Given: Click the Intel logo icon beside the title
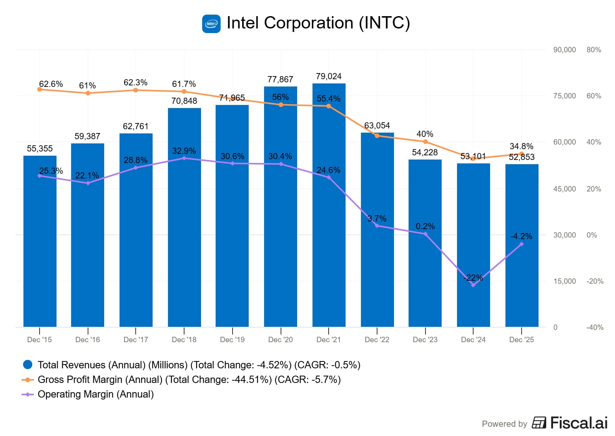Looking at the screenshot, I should click(211, 24).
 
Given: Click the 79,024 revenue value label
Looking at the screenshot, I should click(329, 76).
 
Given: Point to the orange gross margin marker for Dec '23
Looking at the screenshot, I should click(425, 142).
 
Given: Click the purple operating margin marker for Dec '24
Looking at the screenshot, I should click(473, 285).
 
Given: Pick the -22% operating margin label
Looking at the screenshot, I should click(473, 278).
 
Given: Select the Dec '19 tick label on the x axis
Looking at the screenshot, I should click(232, 339).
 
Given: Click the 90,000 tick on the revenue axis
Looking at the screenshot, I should click(564, 50).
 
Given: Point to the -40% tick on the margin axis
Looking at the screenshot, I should click(595, 327).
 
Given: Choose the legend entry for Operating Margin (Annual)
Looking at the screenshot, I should click(95, 394).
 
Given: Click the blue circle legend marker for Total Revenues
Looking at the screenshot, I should click(28, 364).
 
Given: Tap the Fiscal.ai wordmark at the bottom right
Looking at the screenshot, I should click(578, 423).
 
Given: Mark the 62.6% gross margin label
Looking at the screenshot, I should click(51, 84).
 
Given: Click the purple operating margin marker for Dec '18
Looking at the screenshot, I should click(184, 158).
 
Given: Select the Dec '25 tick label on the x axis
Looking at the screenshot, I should click(521, 339).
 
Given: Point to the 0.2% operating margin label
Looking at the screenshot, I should click(425, 226).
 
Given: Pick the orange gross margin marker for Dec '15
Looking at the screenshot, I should click(40, 90).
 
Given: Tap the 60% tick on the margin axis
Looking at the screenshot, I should click(593, 96).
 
